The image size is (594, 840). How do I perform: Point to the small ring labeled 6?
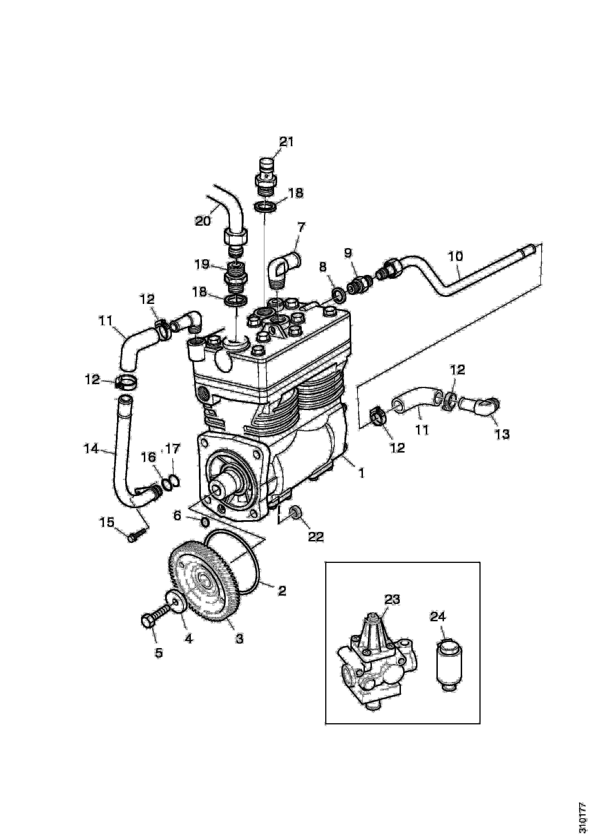click(205, 522)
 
